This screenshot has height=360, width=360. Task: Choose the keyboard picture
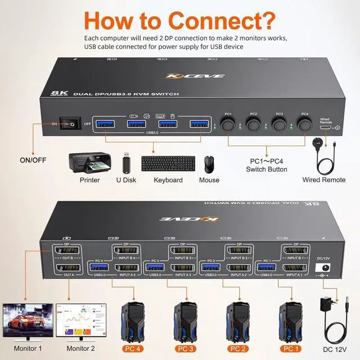(x=168, y=164)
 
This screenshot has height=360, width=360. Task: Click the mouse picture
(x=209, y=164)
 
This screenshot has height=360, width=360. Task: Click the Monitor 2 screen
(x=85, y=319)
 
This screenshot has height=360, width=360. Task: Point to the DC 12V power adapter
(x=327, y=318)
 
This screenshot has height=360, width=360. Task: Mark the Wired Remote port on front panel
(x=325, y=128)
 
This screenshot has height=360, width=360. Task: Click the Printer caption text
(x=89, y=180)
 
